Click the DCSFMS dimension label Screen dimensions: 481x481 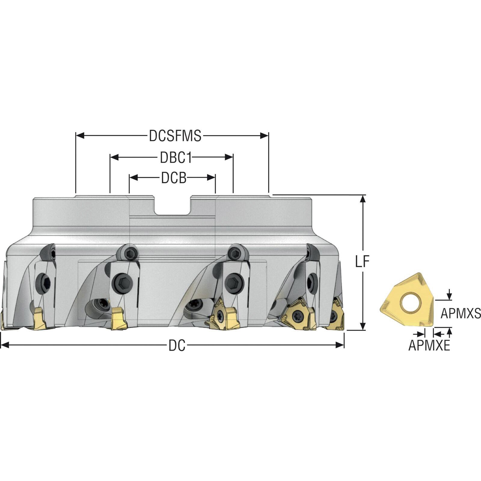175,136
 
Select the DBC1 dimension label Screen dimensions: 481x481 176,158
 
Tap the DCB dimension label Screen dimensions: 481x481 174,178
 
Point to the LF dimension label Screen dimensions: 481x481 362,262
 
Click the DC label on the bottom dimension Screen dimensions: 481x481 177,346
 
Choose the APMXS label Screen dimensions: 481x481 461,314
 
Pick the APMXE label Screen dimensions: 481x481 429,346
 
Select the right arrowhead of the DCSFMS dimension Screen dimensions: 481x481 264,136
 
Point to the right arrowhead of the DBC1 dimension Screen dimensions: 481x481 229,157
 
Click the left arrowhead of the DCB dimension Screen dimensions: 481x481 133,178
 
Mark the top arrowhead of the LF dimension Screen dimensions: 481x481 363,199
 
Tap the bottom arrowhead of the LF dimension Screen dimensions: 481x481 363,326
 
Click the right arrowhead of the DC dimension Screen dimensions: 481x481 340,345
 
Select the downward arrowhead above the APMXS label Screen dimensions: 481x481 449,296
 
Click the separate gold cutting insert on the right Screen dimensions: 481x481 407,300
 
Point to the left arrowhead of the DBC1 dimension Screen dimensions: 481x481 114,157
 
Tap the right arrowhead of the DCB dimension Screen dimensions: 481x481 211,178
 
